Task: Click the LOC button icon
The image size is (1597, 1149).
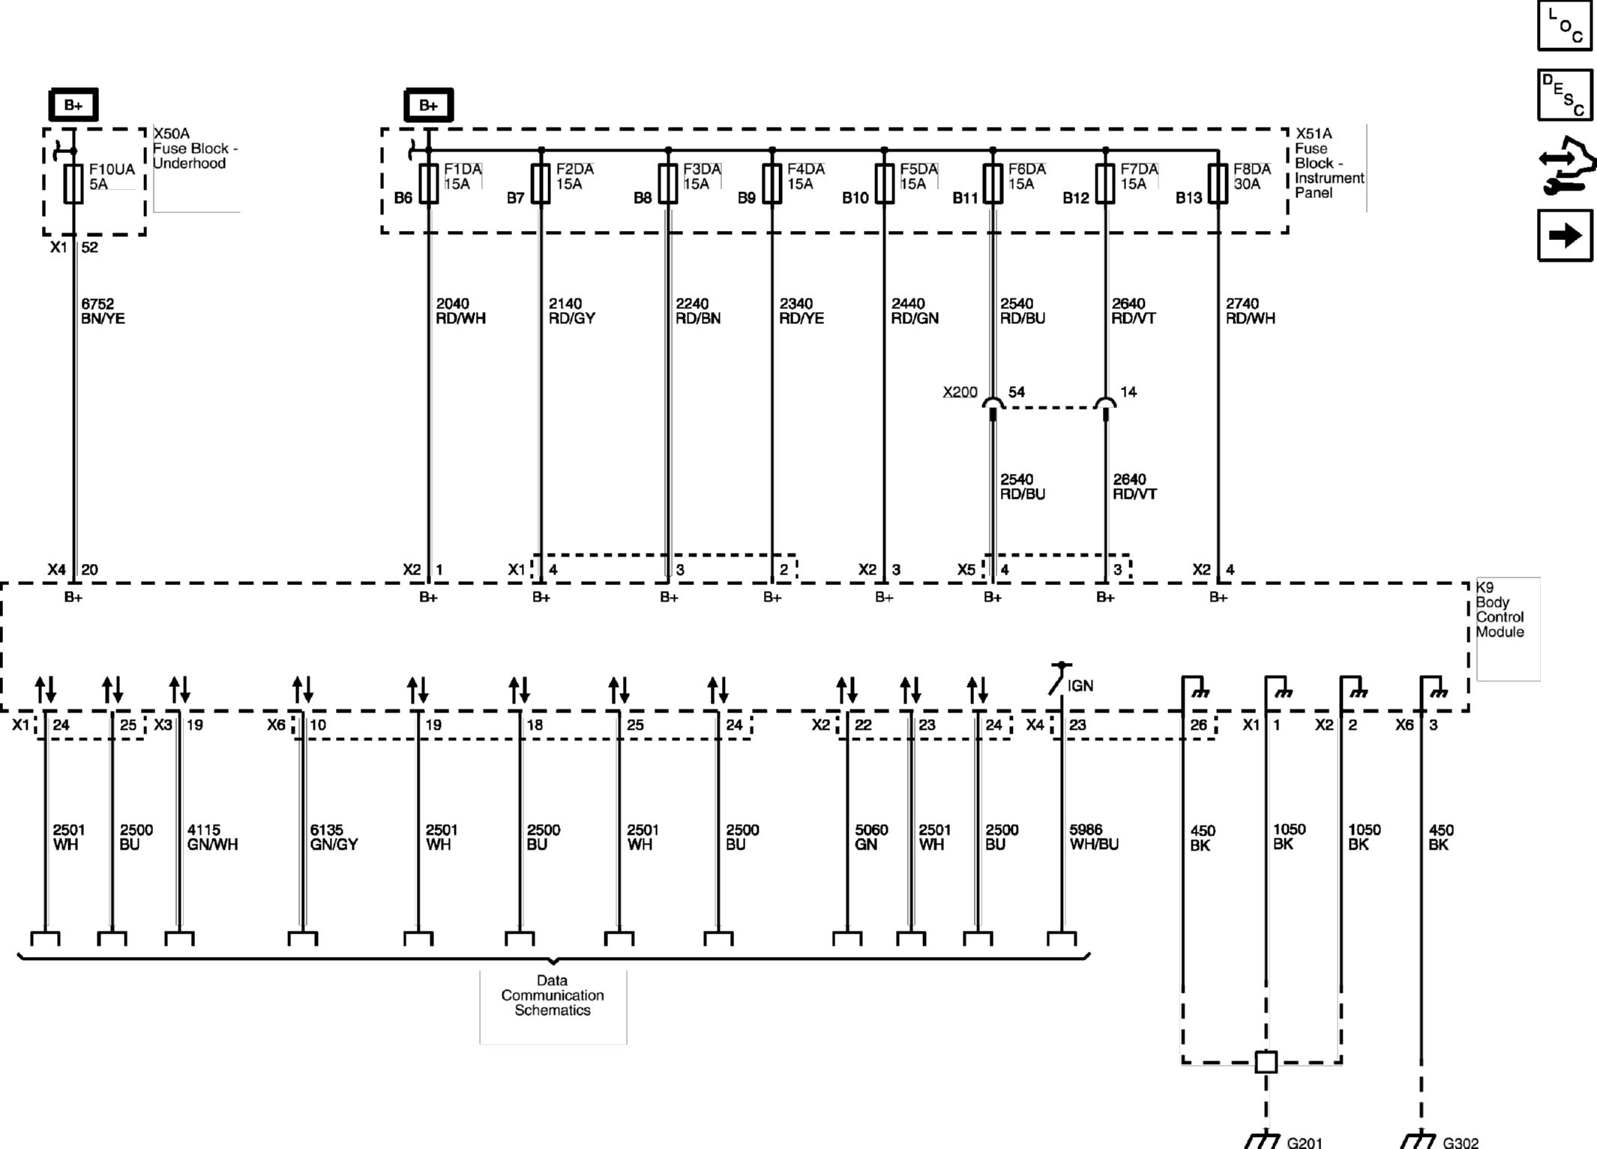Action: point(1564,25)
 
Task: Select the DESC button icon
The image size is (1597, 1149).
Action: point(1564,95)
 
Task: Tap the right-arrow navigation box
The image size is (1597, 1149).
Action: point(1564,235)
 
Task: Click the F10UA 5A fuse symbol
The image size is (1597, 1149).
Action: point(73,184)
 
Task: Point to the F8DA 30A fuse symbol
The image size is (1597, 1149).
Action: point(1218,184)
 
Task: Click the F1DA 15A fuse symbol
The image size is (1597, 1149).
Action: point(428,184)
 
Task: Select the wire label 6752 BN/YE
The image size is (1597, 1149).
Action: point(103,311)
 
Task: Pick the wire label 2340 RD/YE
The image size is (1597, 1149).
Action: point(801,311)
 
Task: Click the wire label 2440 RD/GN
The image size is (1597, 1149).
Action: point(914,311)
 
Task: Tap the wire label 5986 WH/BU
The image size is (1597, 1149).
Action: point(1093,837)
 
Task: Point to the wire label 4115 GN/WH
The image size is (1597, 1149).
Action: point(212,837)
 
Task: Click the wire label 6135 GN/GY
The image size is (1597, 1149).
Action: point(334,837)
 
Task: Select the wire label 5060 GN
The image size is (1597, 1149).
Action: point(870,837)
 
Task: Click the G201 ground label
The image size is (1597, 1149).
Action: point(1305,1142)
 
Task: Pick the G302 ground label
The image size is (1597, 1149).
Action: point(1461,1142)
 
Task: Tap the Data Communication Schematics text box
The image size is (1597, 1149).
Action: point(553,995)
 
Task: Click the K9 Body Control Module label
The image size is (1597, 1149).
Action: point(1500,610)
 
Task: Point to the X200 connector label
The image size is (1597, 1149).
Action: point(960,392)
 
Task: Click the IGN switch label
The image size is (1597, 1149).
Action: point(1080,685)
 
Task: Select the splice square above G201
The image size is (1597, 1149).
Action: point(1266,1062)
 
